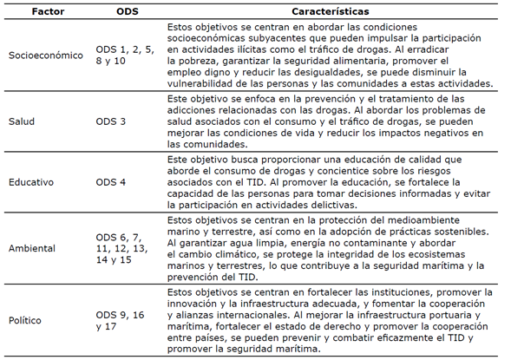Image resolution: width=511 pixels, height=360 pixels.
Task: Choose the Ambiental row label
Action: click(32, 248)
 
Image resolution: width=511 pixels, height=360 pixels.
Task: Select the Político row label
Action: click(27, 319)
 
